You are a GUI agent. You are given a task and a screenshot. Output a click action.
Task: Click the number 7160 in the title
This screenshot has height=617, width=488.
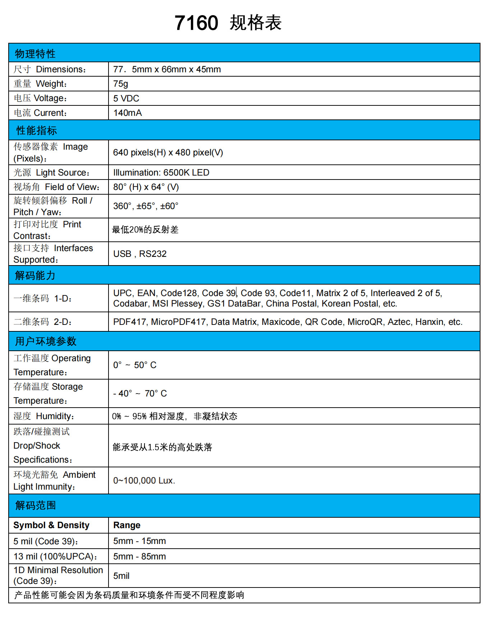[x=196, y=23]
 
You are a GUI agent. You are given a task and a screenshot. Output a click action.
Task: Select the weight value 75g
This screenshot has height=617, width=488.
[x=120, y=84]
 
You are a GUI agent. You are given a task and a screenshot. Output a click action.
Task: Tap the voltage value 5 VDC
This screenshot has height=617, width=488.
[x=126, y=98]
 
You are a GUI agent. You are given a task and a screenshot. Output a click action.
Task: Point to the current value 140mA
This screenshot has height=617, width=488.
[x=128, y=113]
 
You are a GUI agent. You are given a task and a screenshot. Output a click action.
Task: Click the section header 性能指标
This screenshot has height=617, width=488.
[x=37, y=130]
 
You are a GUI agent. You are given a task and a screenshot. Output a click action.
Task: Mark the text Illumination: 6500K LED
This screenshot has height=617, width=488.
[x=161, y=173]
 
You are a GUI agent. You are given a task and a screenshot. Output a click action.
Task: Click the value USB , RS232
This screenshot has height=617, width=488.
[x=140, y=254]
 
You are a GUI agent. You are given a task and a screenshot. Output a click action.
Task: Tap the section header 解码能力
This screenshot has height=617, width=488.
[x=35, y=276]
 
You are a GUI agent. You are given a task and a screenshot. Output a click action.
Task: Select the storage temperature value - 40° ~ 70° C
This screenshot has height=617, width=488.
[x=140, y=394]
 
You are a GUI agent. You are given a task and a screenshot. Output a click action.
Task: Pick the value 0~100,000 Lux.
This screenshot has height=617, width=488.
[x=144, y=481]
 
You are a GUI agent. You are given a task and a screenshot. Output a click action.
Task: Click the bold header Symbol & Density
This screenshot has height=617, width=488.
[x=51, y=525]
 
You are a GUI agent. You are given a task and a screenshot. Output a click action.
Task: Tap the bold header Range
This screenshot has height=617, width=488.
[x=127, y=525]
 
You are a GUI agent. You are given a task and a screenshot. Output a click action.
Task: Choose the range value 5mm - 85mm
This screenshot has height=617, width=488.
[x=139, y=557]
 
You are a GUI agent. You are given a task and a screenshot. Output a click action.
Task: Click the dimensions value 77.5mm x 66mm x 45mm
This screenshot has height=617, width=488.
[x=167, y=69]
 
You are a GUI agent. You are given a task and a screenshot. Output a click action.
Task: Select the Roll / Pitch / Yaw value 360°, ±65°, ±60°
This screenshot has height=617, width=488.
[x=146, y=206]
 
